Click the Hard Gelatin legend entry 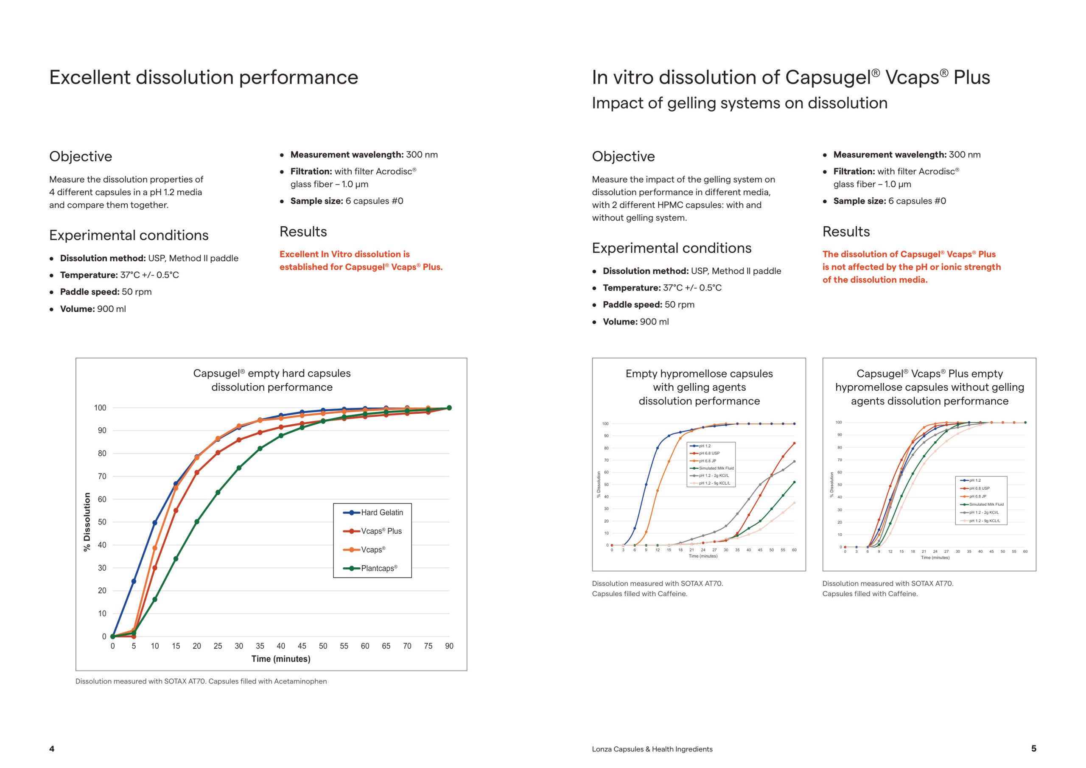tap(373, 513)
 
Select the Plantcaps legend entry tap(370, 568)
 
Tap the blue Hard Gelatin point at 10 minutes tap(155, 523)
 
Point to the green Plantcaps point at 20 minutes tap(197, 522)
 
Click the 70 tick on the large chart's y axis tap(102, 476)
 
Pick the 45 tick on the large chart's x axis tap(302, 646)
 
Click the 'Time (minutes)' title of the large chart tap(281, 659)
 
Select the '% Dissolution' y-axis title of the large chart tap(87, 522)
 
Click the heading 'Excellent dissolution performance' tap(204, 77)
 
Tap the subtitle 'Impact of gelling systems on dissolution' tap(740, 103)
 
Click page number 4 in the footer tap(52, 748)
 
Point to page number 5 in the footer tap(1033, 748)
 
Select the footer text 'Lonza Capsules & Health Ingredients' tap(652, 749)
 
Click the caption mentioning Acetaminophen tap(201, 681)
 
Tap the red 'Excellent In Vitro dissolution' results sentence tap(361, 261)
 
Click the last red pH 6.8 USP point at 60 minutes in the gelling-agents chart tap(794, 443)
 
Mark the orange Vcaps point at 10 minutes tap(155, 548)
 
